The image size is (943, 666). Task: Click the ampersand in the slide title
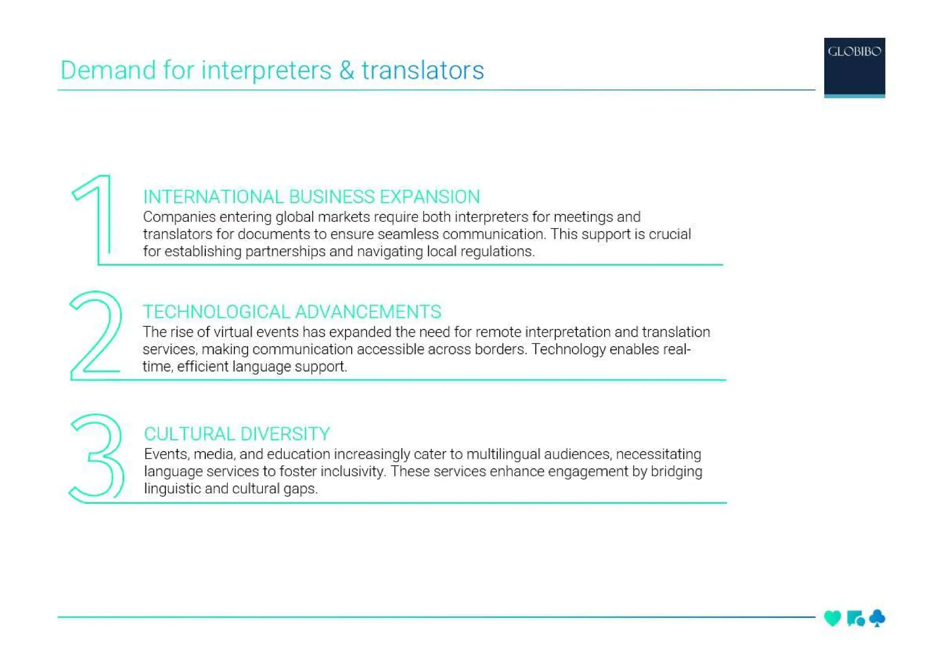tap(347, 70)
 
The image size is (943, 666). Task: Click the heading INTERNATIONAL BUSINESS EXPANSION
tap(311, 197)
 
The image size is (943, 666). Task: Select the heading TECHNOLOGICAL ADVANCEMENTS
tap(292, 312)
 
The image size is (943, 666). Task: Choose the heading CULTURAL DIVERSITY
tap(237, 434)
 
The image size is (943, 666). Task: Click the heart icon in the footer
tap(832, 618)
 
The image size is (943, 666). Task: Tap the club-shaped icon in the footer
tap(877, 618)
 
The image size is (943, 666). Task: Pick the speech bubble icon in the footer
tap(855, 618)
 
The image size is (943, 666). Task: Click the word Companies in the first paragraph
tap(179, 217)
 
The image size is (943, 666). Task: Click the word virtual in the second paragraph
tap(233, 332)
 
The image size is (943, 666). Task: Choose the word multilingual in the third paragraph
tap(503, 454)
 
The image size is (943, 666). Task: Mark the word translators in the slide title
tap(422, 70)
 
